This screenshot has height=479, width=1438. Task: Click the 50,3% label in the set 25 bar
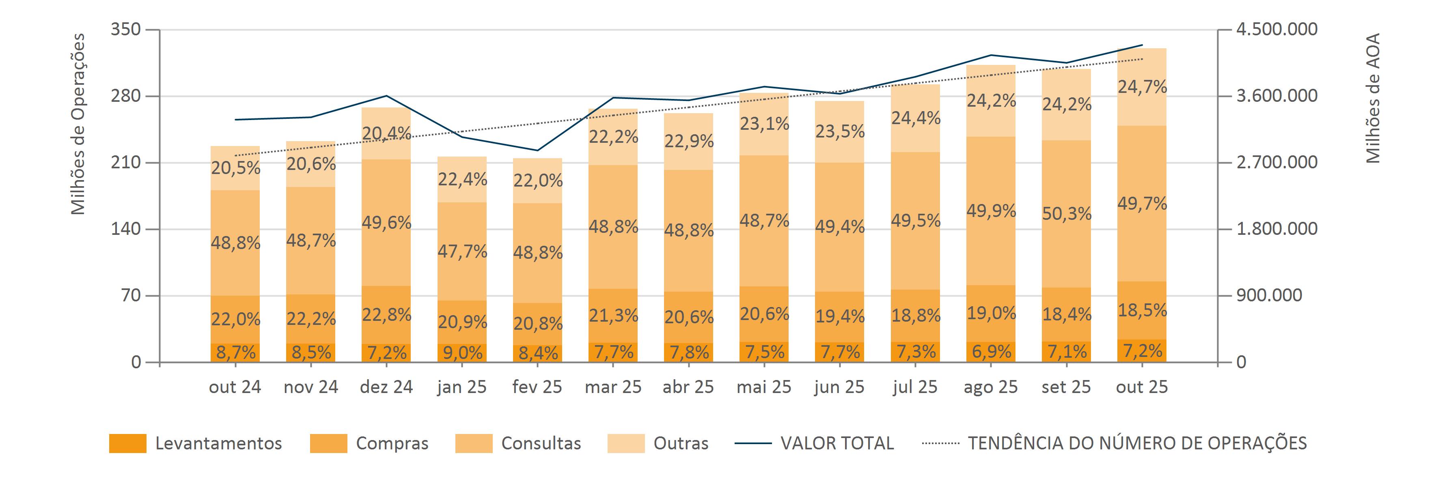tap(1066, 214)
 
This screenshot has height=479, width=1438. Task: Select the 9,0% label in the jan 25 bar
tap(461, 352)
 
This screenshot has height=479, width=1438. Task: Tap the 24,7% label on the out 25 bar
tap(1142, 87)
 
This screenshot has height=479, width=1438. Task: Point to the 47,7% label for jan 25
tap(461, 251)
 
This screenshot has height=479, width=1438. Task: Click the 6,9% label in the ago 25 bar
tap(991, 352)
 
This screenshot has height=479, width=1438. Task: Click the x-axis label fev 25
tap(537, 387)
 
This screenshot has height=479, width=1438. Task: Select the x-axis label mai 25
tap(764, 387)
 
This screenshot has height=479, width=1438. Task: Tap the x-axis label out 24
tap(235, 387)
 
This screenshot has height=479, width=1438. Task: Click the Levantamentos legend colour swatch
tap(127, 443)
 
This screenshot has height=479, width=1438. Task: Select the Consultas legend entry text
tap(541, 443)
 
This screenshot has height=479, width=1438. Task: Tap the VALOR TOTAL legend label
tap(837, 443)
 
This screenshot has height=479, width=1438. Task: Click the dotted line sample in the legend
tap(941, 444)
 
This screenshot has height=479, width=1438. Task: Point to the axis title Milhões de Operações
tap(79, 124)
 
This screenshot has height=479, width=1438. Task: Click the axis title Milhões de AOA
tap(1373, 98)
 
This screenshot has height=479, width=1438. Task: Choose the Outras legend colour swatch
tap(626, 443)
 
